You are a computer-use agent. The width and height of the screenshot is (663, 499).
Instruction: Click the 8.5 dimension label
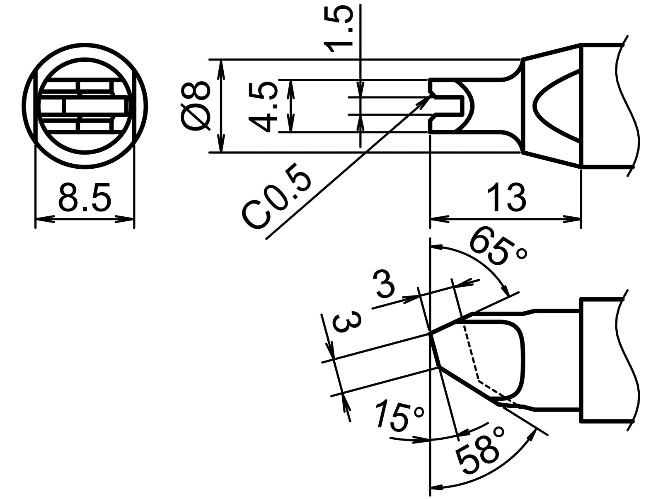(85, 198)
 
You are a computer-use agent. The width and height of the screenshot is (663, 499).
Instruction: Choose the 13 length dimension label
(506, 198)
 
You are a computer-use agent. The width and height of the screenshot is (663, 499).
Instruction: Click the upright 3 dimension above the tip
(385, 284)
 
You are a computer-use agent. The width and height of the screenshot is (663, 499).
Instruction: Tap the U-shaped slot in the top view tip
(452, 106)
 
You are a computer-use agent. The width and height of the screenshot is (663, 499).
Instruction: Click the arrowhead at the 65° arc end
(507, 292)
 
